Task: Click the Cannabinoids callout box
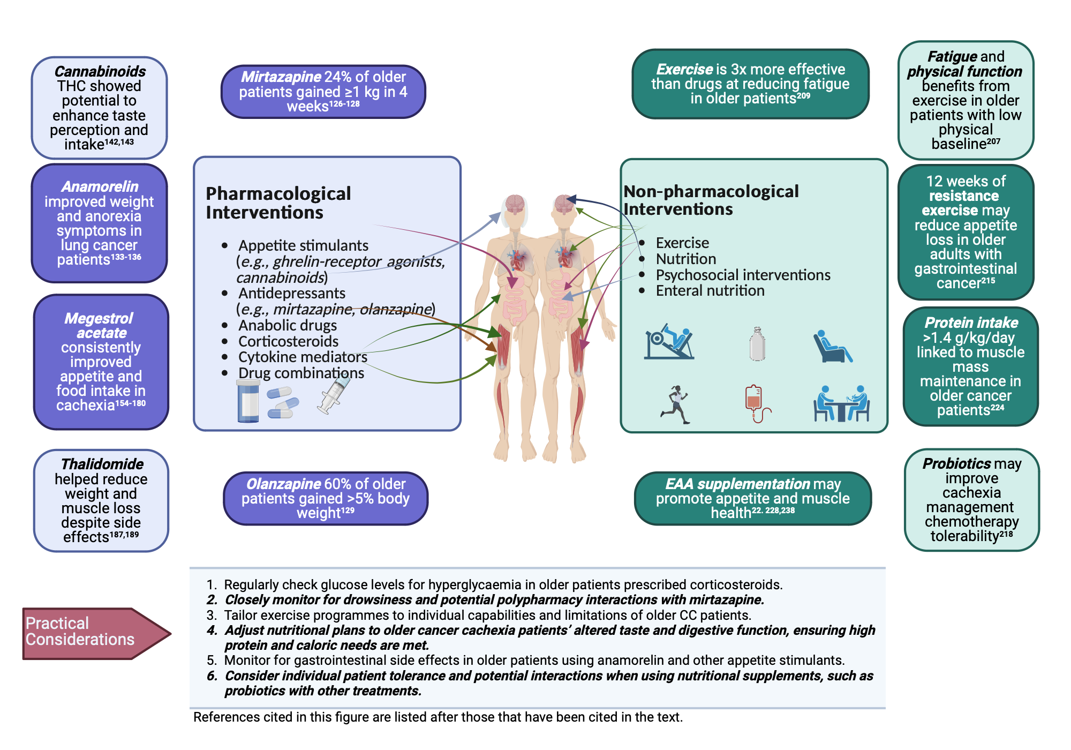click(99, 108)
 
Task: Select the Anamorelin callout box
click(99, 223)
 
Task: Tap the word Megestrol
click(99, 318)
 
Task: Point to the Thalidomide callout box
click(101, 500)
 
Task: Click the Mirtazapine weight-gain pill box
click(323, 92)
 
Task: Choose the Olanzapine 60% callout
click(325, 498)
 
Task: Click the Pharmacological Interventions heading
click(278, 203)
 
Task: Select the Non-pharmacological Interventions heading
click(711, 200)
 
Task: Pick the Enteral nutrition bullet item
click(710, 291)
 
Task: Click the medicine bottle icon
click(248, 401)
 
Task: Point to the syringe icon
click(333, 395)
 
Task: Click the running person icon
click(675, 404)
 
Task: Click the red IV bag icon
click(755, 403)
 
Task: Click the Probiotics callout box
click(971, 500)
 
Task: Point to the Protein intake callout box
click(970, 366)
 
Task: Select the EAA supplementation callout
click(752, 498)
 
